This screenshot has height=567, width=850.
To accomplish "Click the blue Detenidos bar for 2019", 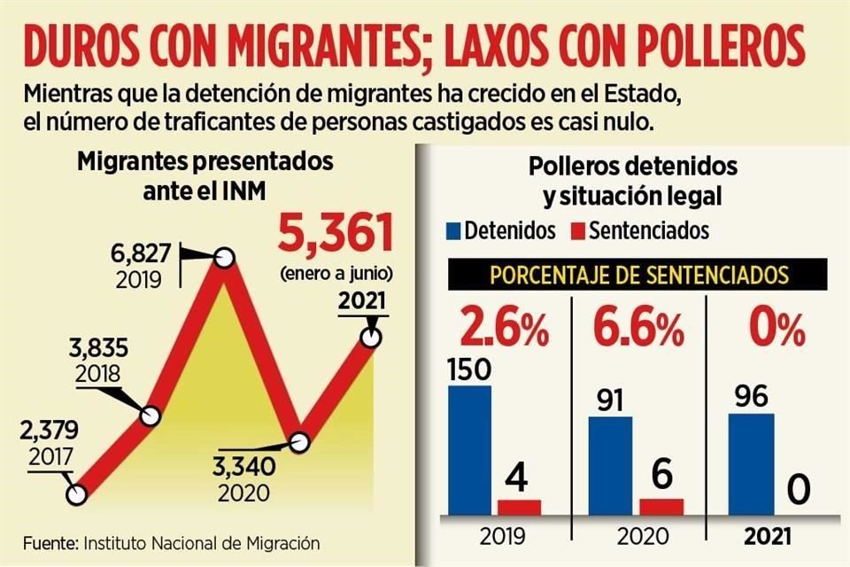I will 469,451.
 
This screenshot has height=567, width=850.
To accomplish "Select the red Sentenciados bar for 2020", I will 661,507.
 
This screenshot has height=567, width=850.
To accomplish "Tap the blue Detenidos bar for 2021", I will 751,465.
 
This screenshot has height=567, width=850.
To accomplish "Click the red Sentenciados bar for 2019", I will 519,508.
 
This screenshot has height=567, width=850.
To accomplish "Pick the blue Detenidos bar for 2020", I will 611,467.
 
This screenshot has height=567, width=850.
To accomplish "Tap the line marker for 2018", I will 150,415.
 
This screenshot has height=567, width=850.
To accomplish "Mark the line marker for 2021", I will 372,338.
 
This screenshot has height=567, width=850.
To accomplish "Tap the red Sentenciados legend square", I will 576,232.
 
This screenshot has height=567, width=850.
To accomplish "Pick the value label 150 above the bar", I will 468,369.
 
